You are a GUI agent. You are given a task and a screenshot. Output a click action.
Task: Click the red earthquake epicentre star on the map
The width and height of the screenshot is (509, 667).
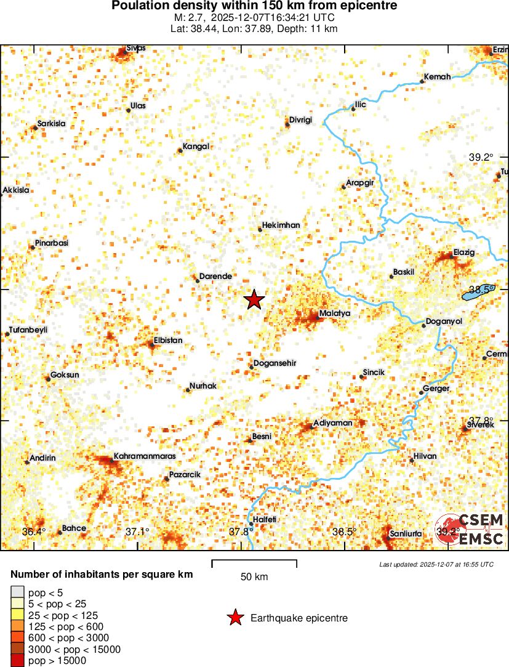254,300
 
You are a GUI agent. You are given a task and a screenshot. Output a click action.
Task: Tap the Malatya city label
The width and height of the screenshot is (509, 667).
335,313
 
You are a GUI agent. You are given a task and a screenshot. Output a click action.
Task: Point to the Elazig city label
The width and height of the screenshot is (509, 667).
465,253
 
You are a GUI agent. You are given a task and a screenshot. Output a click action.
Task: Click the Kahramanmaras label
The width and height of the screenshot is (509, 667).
145,456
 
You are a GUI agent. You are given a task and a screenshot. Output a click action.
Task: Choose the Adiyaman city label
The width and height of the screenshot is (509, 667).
333,423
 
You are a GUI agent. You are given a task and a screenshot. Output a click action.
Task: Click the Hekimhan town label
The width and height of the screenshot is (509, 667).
281,225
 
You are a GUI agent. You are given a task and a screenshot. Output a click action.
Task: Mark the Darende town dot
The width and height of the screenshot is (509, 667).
198,281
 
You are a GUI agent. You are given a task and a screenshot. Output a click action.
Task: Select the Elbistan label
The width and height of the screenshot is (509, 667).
168,340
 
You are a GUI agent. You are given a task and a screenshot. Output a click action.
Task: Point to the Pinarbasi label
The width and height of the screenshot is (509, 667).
52,243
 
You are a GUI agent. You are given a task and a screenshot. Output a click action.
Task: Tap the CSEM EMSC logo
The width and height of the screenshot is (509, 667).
471,529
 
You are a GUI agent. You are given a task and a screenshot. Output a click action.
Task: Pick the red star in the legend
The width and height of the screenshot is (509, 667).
234,618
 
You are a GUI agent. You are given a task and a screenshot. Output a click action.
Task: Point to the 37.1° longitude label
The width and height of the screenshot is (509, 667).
137,532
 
